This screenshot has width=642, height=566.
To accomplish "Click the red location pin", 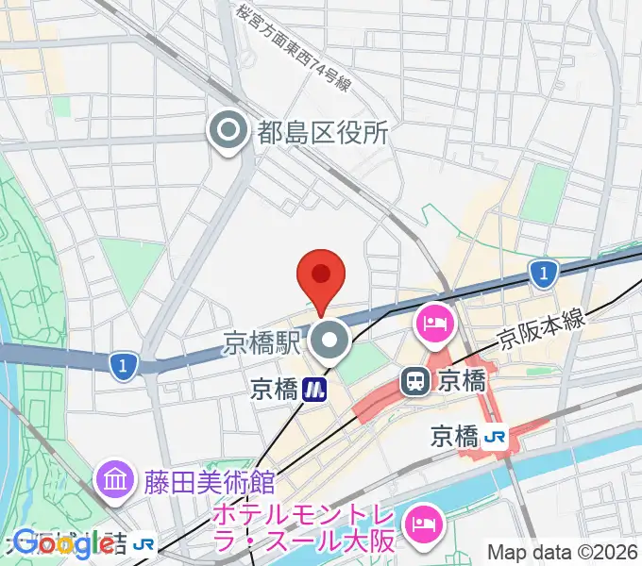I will pyautogui.click(x=320, y=276).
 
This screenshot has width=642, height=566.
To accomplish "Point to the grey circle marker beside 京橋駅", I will pyautogui.click(x=330, y=343).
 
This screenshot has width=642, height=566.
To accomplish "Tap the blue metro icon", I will pyautogui.click(x=315, y=388).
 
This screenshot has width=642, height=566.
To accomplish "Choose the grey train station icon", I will pyautogui.click(x=414, y=381).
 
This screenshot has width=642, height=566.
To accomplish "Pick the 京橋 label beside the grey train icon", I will pyautogui.click(x=462, y=381).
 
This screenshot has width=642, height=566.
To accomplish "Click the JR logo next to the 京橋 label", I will pyautogui.click(x=496, y=437).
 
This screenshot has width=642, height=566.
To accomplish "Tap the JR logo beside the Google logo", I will pyautogui.click(x=144, y=542).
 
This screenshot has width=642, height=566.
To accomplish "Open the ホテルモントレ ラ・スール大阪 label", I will pyautogui.click(x=303, y=528).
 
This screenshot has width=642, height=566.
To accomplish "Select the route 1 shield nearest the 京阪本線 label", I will pyautogui.click(x=541, y=275).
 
